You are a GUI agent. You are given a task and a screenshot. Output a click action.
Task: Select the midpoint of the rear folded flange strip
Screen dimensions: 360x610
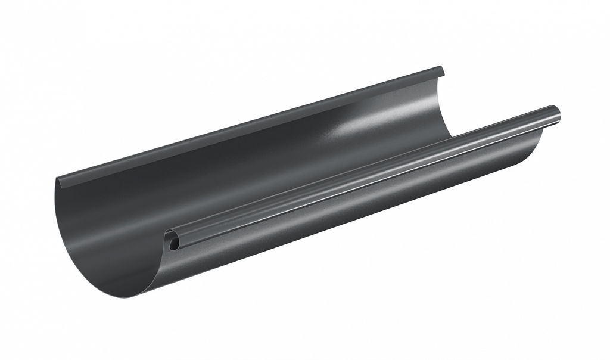click(250, 125)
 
